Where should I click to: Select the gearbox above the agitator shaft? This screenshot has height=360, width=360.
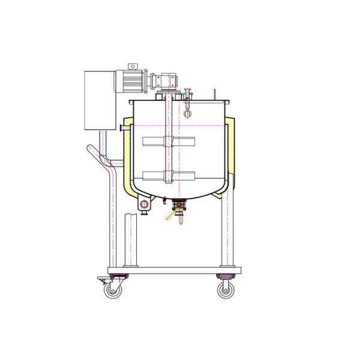pyautogui.click(x=164, y=80)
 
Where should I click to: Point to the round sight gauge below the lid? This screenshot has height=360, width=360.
pyautogui.click(x=188, y=113)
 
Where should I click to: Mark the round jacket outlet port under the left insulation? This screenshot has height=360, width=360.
pyautogui.click(x=145, y=206)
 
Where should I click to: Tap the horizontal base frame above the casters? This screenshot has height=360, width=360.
pyautogui.click(x=174, y=270)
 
